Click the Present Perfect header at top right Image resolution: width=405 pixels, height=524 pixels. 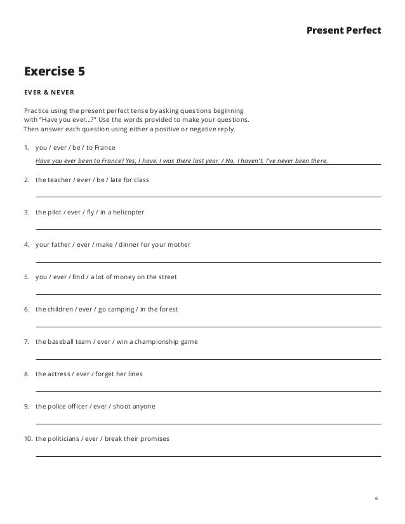[x=343, y=29]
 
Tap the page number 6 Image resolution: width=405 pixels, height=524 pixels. [x=376, y=498]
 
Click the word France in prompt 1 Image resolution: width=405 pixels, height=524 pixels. [x=102, y=147]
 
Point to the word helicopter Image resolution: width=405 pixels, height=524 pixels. [x=127, y=212]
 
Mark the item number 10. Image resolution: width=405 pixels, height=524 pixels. [x=27, y=438]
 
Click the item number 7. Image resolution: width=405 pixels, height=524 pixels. [x=25, y=341]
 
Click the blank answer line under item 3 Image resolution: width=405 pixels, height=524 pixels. [x=208, y=228]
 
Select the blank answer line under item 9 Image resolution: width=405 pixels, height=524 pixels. [x=208, y=423]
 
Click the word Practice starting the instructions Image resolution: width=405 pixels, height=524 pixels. [x=36, y=110]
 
